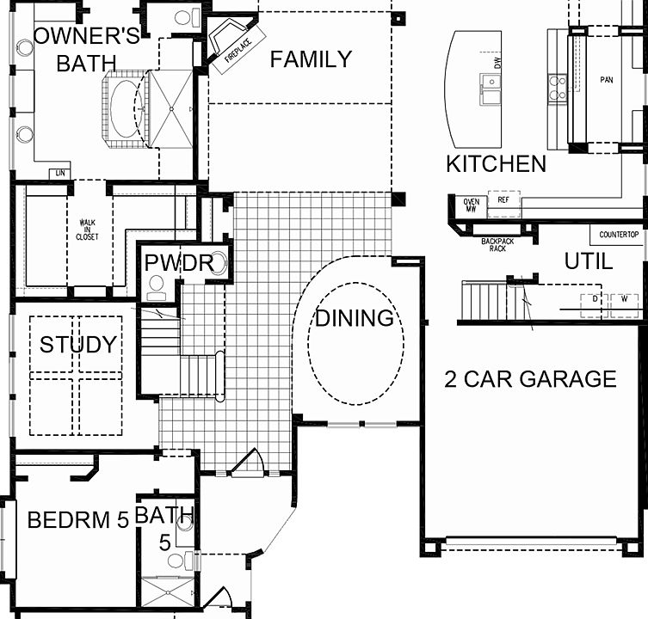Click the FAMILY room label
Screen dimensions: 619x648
[311, 59]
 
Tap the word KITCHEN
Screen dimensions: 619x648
[496, 164]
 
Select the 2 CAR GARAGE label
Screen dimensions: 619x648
[530, 379]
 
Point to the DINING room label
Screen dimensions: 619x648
[354, 318]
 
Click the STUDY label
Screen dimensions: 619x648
[78, 345]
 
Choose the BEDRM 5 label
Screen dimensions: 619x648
[77, 520]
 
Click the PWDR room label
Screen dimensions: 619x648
[178, 263]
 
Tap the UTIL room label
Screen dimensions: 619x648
[589, 261]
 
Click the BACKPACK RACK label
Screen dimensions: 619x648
[497, 245]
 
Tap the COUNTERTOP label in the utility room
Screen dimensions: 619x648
[618, 235]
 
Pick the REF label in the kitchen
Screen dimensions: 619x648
[503, 200]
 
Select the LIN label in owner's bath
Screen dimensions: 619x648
[59, 172]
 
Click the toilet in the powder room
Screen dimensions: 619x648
[157, 287]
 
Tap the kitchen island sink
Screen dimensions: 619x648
[491, 83]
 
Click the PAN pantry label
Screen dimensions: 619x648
[606, 79]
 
